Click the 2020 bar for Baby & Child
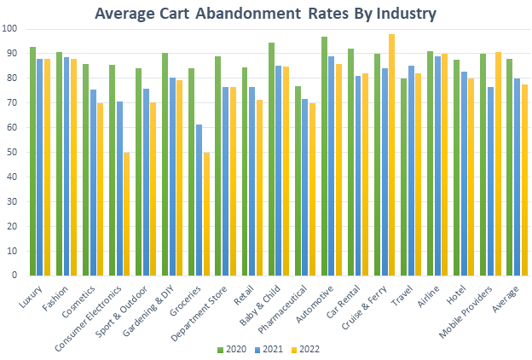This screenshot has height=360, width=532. click(x=271, y=159)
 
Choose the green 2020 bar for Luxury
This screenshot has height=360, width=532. click(x=32, y=161)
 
